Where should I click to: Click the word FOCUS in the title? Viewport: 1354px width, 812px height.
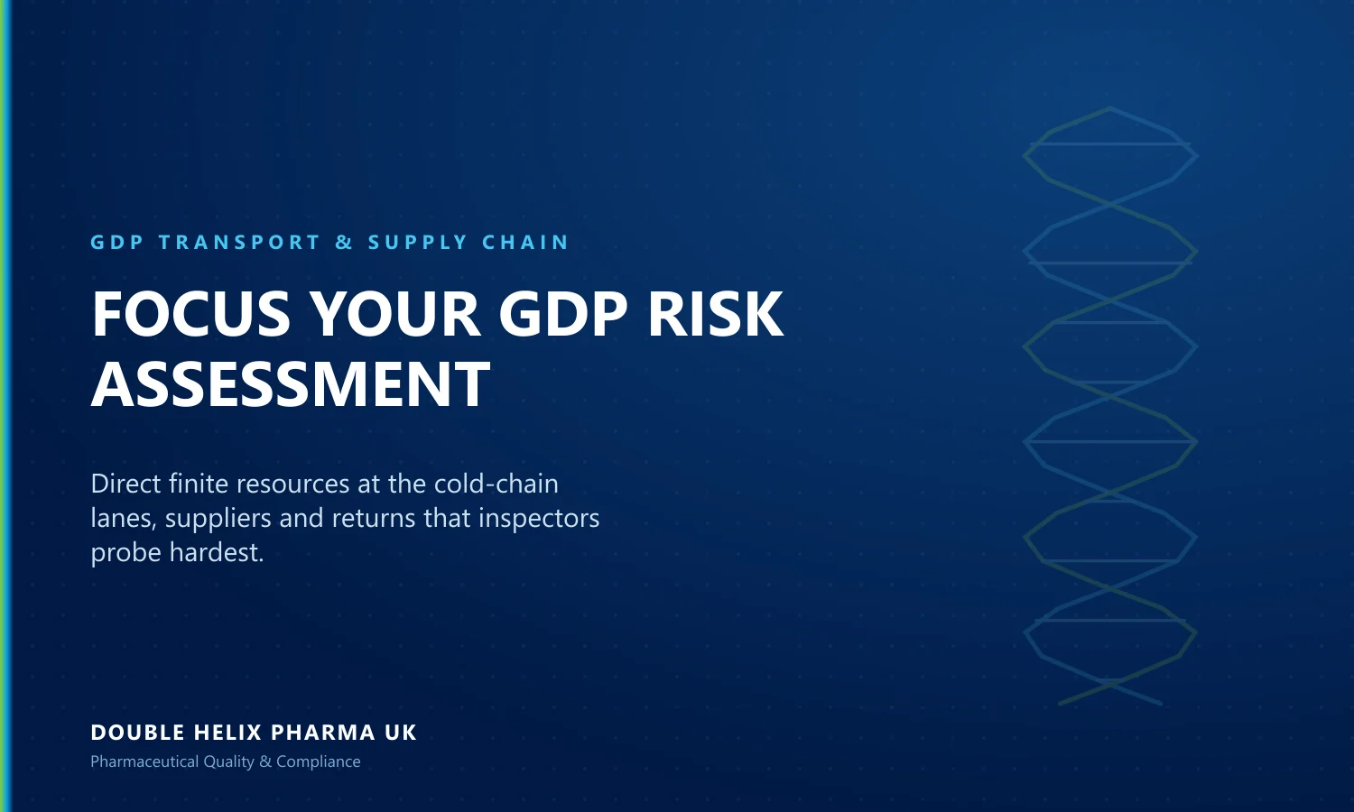(x=191, y=314)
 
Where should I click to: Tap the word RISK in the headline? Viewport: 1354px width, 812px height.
(x=715, y=314)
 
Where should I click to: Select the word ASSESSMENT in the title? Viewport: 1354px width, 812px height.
(x=290, y=383)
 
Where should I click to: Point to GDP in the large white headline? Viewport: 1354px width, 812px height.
(x=563, y=314)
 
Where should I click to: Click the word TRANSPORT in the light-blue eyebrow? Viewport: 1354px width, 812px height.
(x=239, y=243)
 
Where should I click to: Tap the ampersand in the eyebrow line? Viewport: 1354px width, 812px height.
(x=344, y=243)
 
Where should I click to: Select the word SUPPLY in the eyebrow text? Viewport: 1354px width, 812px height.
(x=418, y=243)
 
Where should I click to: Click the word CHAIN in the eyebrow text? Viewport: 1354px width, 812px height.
(x=525, y=243)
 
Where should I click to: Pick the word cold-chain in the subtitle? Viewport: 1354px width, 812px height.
(x=496, y=484)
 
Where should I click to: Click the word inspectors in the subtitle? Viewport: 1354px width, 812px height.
(x=539, y=519)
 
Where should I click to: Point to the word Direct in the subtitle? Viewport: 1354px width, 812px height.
(x=125, y=484)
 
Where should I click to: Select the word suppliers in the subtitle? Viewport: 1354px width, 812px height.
(x=218, y=519)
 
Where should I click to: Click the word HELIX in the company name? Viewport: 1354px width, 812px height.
(x=227, y=733)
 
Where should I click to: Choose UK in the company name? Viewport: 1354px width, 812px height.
(x=400, y=733)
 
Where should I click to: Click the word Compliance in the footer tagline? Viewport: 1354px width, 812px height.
(x=319, y=761)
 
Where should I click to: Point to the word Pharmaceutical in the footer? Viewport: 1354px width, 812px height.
(x=144, y=761)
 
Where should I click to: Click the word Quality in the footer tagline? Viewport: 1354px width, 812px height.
(x=228, y=761)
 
